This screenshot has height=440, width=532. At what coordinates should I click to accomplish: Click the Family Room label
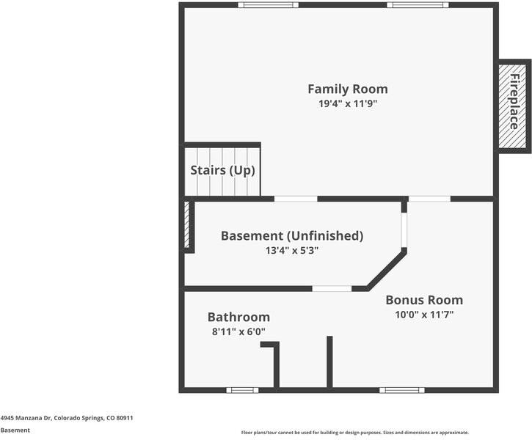pos(348,89)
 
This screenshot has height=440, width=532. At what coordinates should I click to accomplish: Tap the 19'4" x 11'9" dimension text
pos(348,103)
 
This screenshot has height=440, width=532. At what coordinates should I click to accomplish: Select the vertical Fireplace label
pos(514,102)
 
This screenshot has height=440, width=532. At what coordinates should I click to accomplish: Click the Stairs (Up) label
pos(222,170)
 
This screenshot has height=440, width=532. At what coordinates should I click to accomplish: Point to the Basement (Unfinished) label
pos(292,235)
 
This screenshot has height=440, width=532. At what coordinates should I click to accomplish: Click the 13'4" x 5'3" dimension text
pos(292,251)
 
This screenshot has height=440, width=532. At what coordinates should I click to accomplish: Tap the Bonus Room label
pos(424,300)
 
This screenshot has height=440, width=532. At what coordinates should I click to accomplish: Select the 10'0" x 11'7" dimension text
pos(424,315)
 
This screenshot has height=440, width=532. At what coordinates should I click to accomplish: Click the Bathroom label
pos(239,317)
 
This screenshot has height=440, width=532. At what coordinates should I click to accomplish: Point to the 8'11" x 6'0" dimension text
pos(239,331)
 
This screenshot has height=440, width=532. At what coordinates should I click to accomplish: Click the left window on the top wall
pos(268,4)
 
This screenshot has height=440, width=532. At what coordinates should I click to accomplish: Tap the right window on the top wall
pos(418,4)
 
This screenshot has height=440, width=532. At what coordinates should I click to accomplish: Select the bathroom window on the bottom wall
pos(242,390)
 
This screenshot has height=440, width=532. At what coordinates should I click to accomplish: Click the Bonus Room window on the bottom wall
pos(402,390)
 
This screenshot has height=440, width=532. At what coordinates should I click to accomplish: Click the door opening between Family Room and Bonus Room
pos(429,199)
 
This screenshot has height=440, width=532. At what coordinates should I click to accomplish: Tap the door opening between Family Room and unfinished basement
pos(296,199)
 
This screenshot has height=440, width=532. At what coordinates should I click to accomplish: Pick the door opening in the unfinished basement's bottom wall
pos(332,288)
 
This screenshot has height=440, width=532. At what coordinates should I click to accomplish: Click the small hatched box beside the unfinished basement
pos(186,224)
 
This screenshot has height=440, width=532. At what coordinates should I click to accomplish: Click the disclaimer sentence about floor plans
pos(355,433)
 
